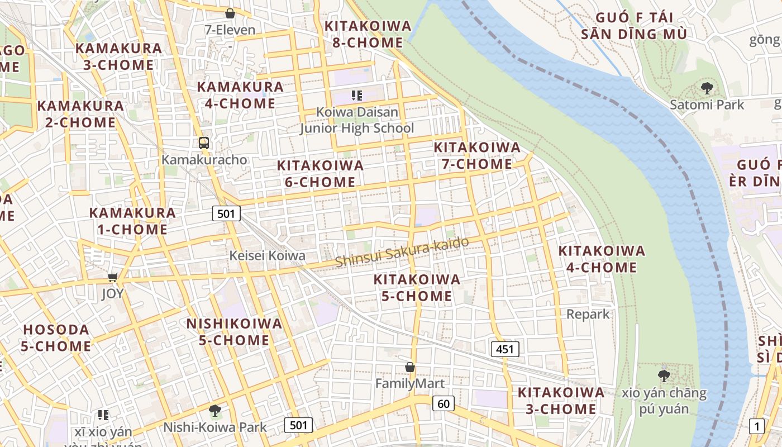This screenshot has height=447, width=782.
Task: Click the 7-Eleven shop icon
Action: (230, 13)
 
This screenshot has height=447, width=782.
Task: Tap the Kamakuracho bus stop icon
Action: (204, 142)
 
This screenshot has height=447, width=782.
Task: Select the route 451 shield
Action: (505, 349)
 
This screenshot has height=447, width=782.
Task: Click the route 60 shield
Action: (444, 403)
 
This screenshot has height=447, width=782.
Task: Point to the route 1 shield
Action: (757, 426)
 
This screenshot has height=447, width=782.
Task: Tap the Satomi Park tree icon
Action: (707, 88)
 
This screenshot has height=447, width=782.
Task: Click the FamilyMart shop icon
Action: (410, 367)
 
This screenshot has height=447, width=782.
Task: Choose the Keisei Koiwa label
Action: (268, 256)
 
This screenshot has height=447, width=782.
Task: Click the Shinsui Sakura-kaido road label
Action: (401, 252)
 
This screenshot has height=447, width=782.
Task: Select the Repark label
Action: (588, 314)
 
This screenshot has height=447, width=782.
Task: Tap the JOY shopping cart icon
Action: (113, 277)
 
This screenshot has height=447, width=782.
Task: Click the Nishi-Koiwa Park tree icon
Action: (214, 411)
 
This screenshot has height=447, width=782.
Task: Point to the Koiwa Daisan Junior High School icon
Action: (357, 96)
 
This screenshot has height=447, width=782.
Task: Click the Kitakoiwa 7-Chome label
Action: (477, 156)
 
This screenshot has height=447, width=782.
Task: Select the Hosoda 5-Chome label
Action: (56, 338)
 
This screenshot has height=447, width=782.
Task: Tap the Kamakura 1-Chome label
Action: (132, 221)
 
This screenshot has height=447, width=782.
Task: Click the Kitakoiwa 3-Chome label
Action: (561, 401)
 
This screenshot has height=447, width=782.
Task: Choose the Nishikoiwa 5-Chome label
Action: (234, 332)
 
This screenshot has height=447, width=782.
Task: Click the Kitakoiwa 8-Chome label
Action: (368, 34)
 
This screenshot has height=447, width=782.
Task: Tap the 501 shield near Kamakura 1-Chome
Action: (226, 213)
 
